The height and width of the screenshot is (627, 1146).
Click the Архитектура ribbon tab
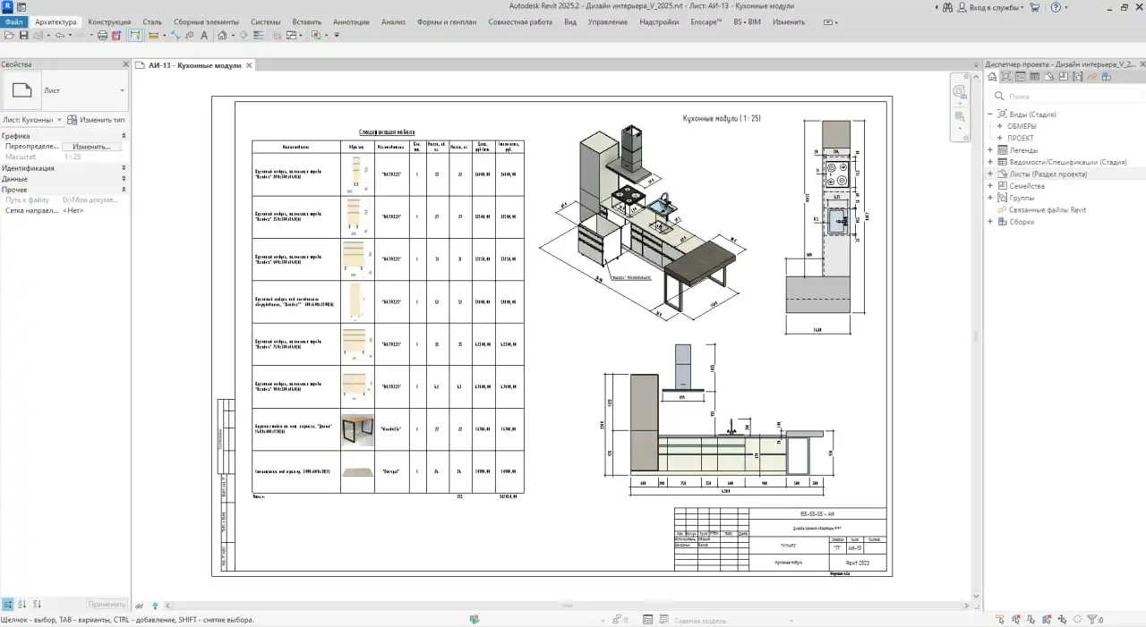[56, 21]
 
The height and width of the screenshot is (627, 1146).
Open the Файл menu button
[13, 21]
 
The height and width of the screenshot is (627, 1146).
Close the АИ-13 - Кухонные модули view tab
[250, 65]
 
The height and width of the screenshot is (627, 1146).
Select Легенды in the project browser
[1023, 150]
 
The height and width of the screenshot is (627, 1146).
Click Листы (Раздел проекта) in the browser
[1048, 174]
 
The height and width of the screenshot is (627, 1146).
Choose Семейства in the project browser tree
[1026, 186]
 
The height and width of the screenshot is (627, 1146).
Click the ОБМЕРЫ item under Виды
[1022, 126]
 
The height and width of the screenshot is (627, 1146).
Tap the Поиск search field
[1065, 96]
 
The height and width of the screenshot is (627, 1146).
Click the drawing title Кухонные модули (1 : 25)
[722, 118]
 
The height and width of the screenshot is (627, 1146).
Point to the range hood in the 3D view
[633, 148]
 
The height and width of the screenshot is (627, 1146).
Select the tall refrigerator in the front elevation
[644, 423]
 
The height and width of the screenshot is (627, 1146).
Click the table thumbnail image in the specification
[357, 430]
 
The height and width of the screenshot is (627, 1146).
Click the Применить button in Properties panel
[107, 605]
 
